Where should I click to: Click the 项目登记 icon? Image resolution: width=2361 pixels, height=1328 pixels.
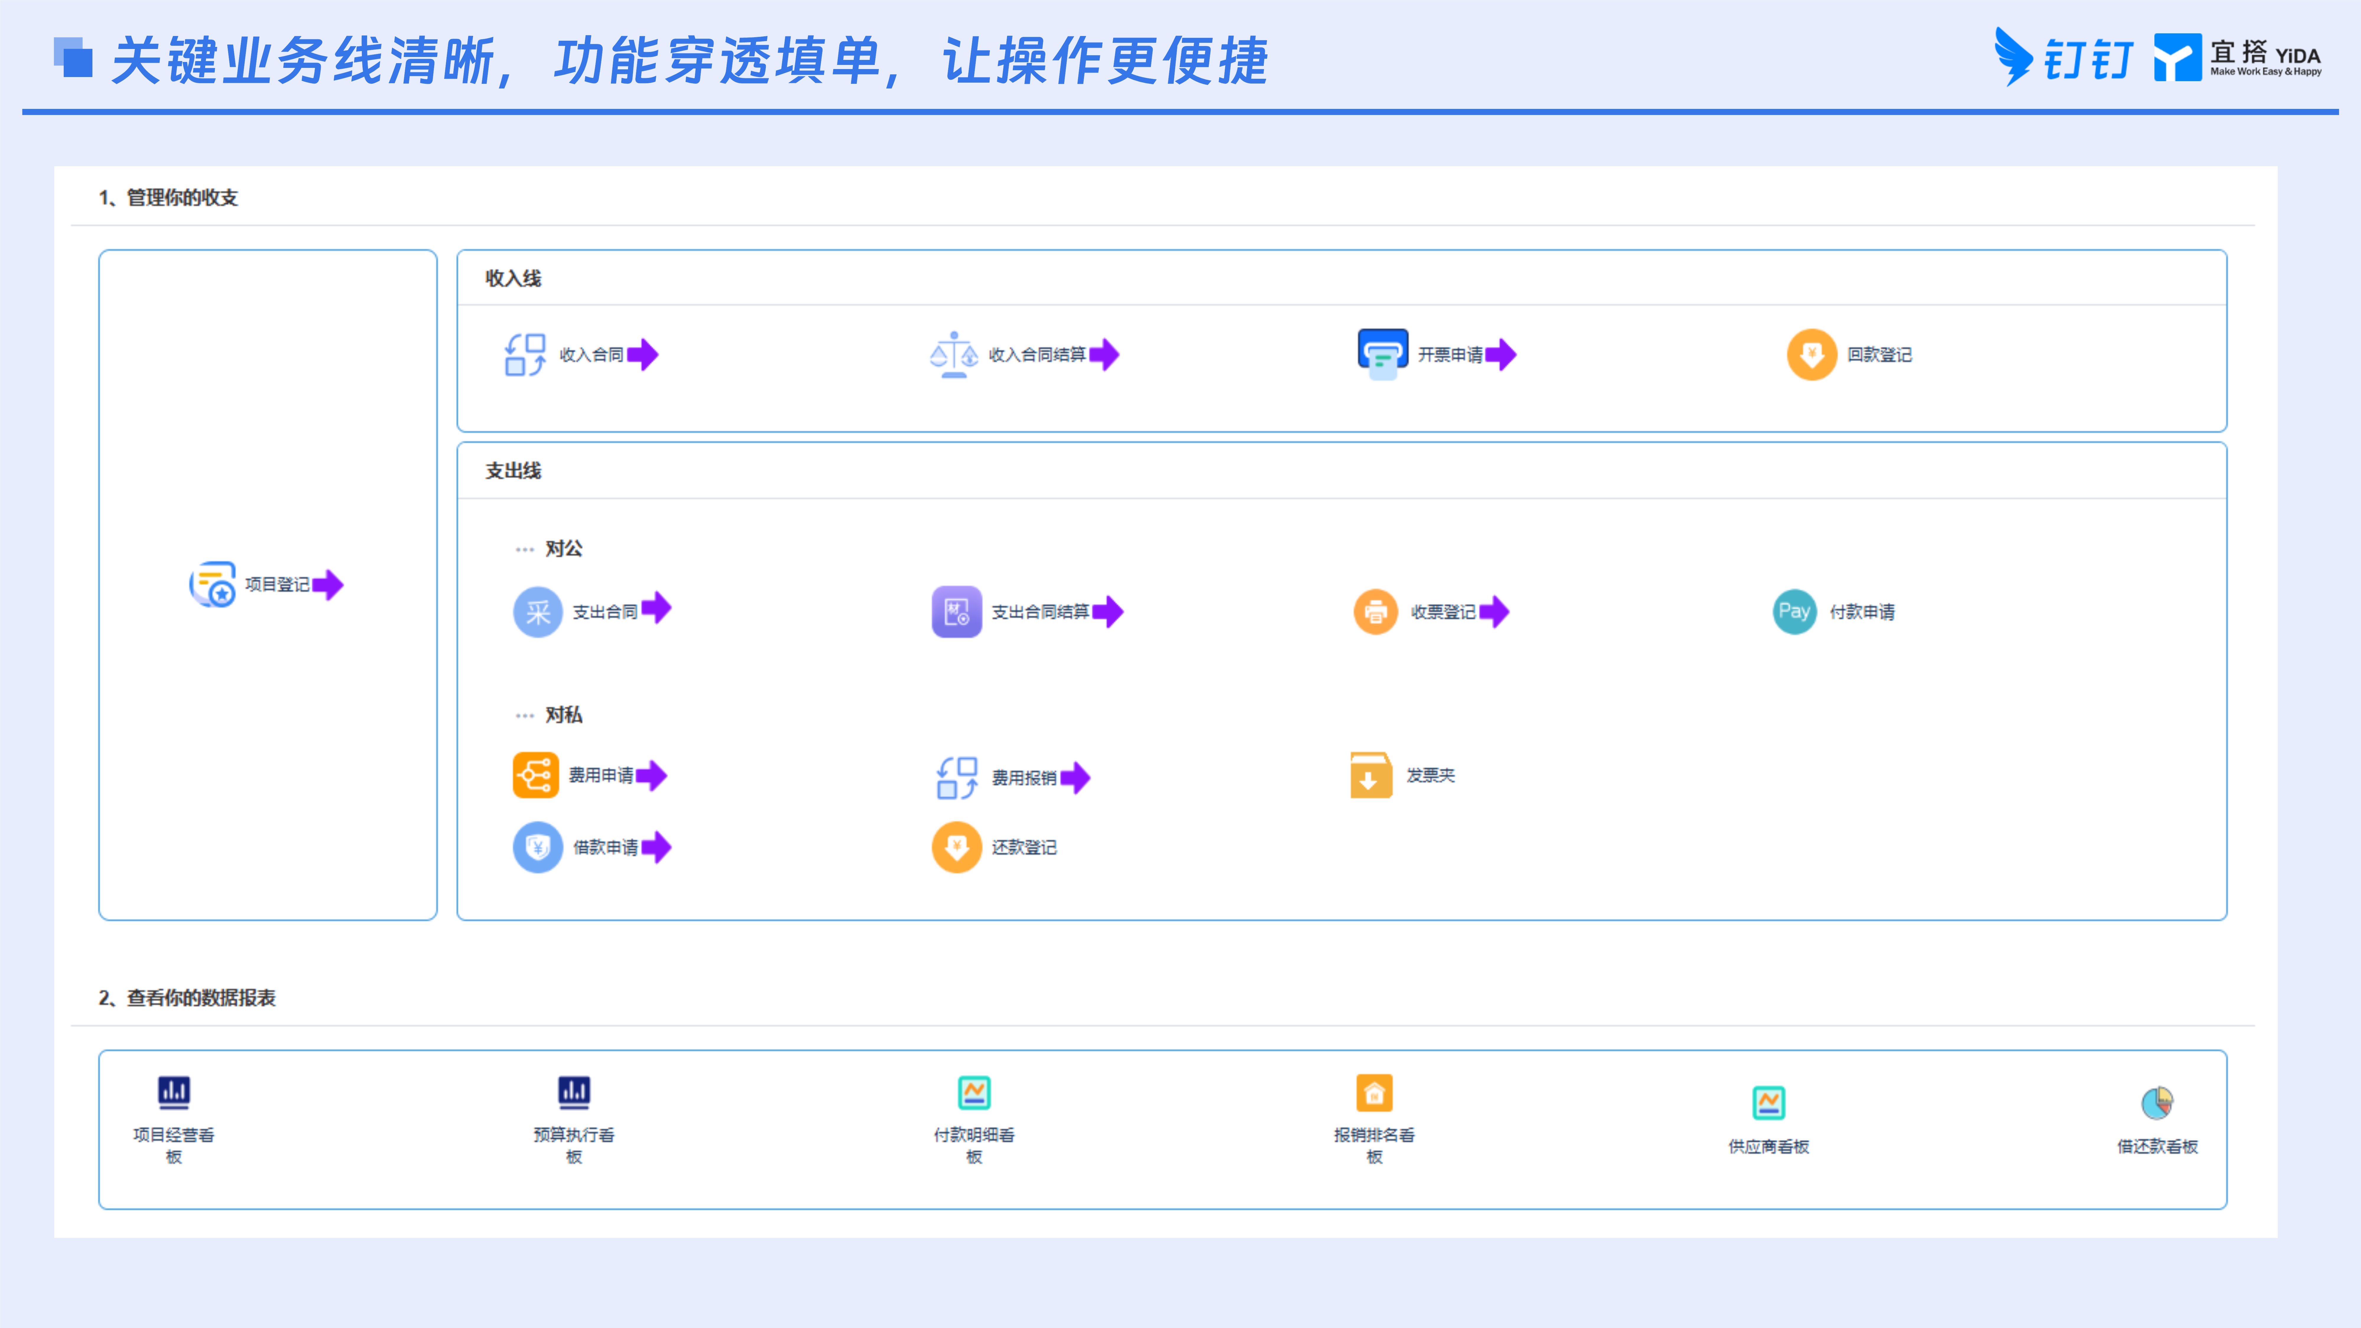[x=212, y=584]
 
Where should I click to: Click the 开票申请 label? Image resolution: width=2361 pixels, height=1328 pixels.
[x=1450, y=355]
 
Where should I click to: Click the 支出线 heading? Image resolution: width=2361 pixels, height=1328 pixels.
[x=513, y=471]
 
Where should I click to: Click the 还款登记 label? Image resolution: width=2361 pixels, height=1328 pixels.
[x=1024, y=848]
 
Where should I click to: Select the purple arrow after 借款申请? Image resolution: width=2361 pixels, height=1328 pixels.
[x=656, y=848]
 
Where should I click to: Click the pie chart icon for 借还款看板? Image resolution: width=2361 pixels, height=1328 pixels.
[x=2158, y=1103]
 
